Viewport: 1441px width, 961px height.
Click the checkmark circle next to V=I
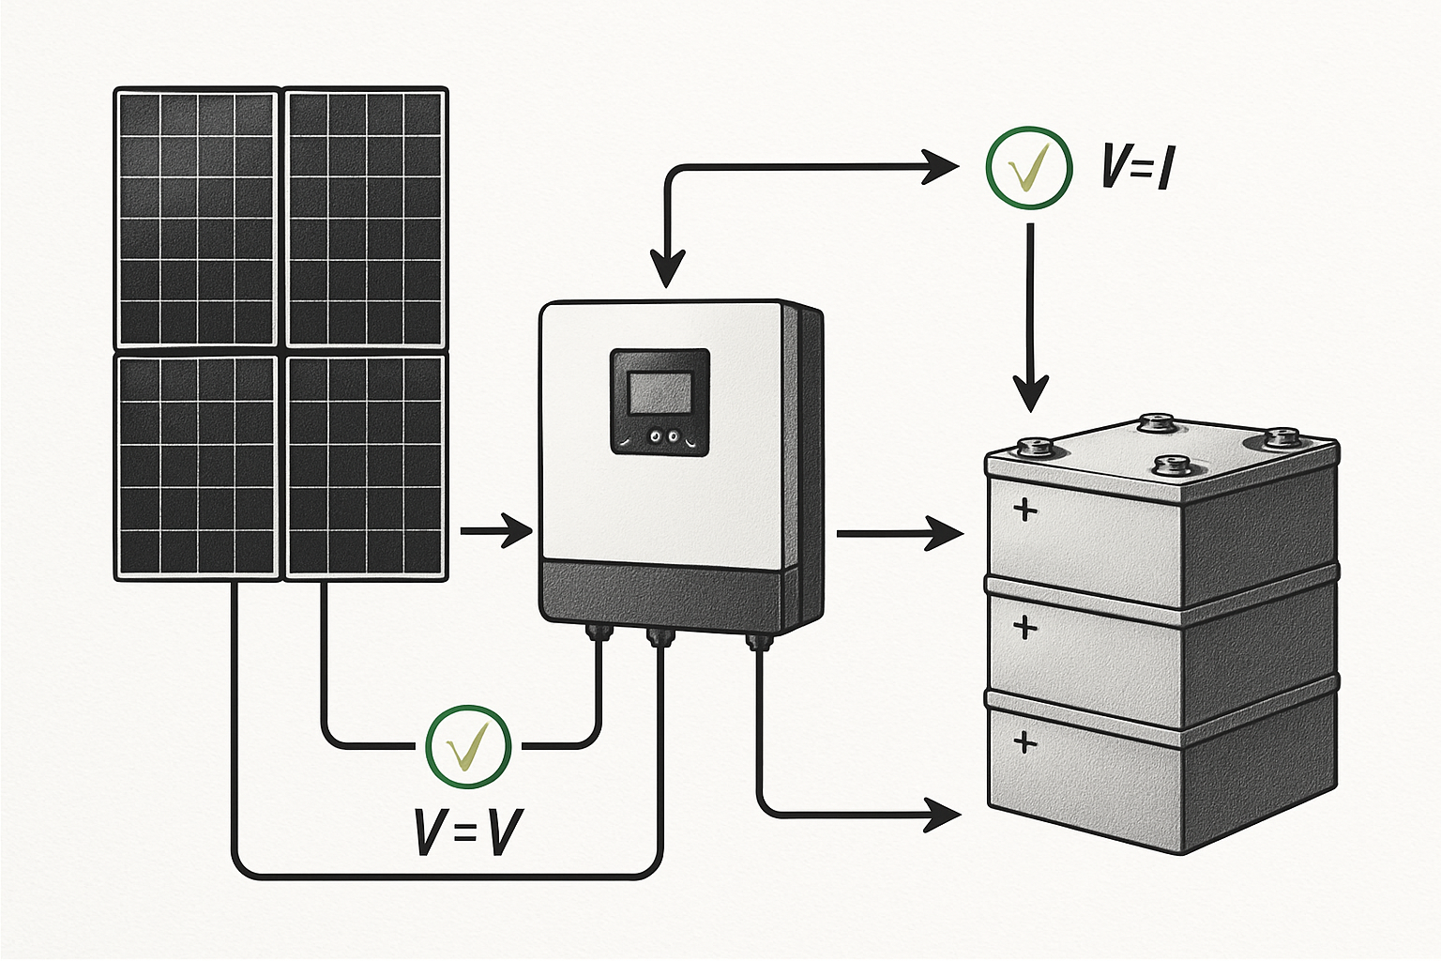click(1029, 167)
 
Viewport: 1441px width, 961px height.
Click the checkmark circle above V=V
click(468, 746)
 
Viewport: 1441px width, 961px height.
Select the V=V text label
click(468, 831)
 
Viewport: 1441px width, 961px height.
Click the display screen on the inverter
click(660, 392)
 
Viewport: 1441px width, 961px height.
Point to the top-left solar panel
click(196, 218)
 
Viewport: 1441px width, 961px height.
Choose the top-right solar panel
click(366, 218)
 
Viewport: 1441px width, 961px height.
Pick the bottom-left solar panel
click(196, 465)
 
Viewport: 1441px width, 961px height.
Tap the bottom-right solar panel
click(366, 465)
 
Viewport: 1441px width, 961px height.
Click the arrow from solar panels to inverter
click(496, 531)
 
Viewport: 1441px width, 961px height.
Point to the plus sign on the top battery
click(1025, 510)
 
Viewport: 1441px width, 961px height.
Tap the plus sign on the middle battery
click(1025, 627)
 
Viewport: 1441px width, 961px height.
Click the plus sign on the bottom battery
click(1025, 742)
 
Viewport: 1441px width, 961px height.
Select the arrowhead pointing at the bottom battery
click(944, 814)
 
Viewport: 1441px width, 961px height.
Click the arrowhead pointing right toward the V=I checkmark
click(942, 167)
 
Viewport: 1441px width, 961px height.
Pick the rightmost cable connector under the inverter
click(757, 642)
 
